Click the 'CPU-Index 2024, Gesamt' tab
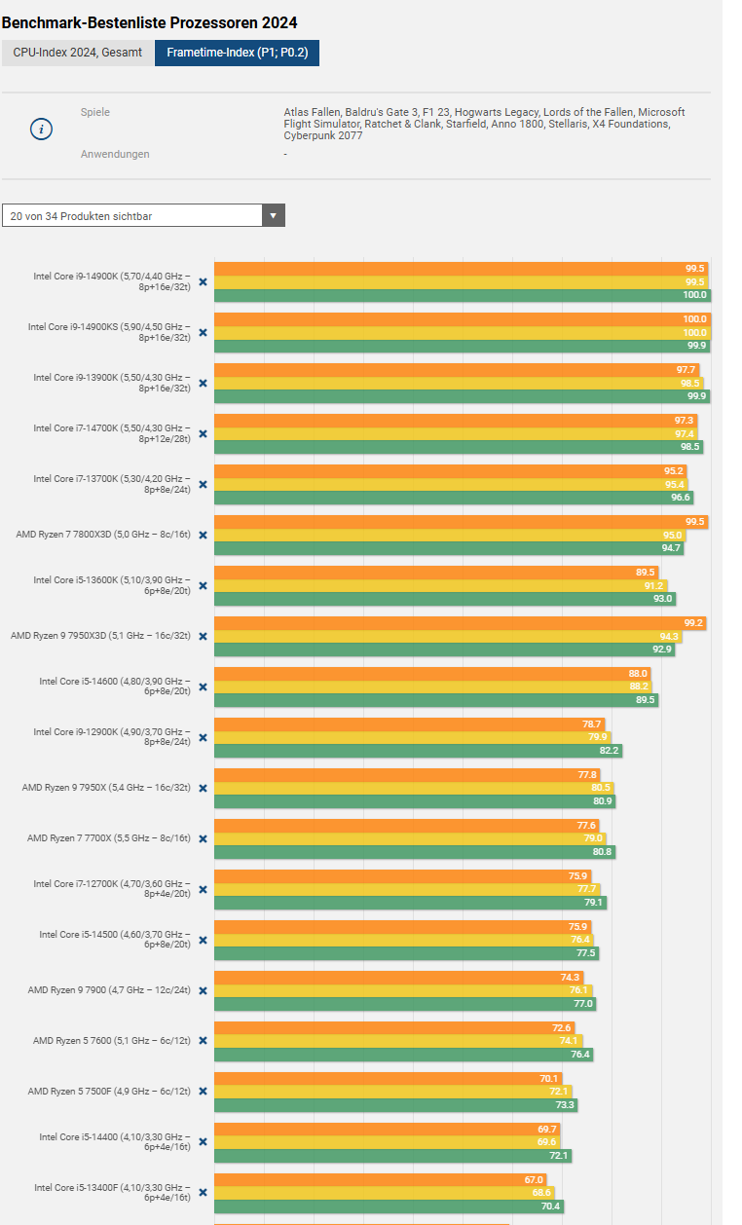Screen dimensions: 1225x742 (77, 53)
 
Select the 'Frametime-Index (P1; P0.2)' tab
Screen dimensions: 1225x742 (237, 53)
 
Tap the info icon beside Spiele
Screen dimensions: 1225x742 (41, 130)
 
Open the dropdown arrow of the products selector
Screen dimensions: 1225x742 (273, 215)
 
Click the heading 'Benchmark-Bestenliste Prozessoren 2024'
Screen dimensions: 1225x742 (150, 22)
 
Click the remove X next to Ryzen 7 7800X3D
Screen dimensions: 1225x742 (203, 535)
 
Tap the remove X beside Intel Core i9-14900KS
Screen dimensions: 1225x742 (203, 332)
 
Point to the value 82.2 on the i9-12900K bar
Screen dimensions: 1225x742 (610, 750)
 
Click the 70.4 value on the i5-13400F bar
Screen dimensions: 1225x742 (551, 1206)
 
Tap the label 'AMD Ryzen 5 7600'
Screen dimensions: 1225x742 (112, 1040)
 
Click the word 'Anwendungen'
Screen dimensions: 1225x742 (115, 154)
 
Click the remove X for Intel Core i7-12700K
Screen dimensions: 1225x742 (203, 889)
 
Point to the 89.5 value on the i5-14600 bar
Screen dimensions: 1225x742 (646, 699)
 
